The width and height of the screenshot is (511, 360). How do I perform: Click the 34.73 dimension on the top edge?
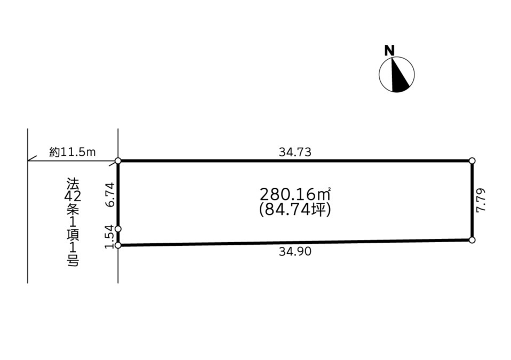point(296,152)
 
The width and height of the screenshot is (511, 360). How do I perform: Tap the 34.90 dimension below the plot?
point(296,252)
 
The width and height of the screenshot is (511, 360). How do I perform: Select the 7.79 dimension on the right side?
point(481,200)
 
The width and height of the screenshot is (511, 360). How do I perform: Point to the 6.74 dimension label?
point(110,195)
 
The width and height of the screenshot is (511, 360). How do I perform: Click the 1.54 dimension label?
point(110,237)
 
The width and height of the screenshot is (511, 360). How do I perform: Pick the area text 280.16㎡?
point(296,195)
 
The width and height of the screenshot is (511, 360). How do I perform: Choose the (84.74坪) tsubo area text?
point(296,210)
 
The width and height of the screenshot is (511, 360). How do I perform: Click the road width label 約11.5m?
point(73,152)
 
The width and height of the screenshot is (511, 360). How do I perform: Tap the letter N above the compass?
point(389,51)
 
